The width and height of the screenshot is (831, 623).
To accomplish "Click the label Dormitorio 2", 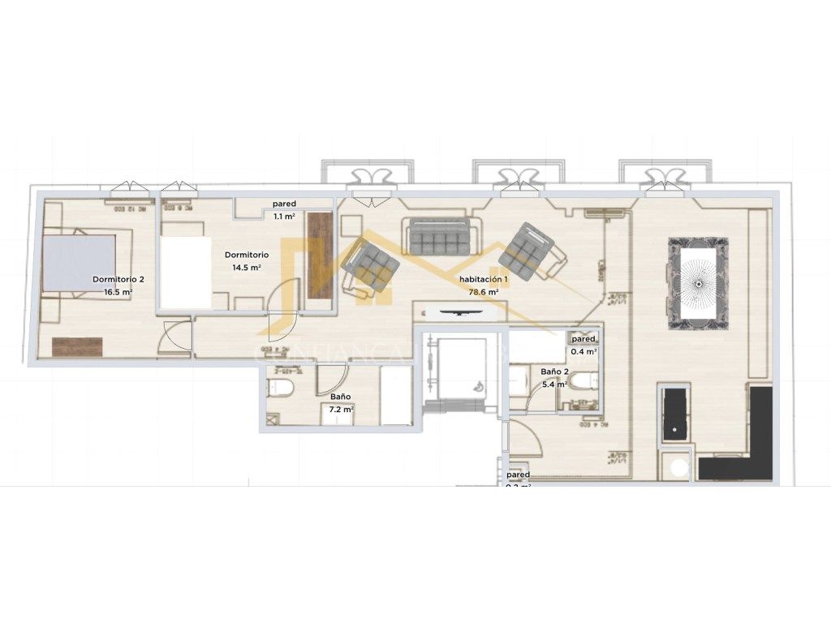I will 118,279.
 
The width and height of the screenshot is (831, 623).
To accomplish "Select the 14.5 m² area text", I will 247,267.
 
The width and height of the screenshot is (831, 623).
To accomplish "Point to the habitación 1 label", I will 484,279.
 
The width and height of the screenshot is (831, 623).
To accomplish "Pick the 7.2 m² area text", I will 341,410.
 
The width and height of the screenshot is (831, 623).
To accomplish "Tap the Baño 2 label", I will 553,372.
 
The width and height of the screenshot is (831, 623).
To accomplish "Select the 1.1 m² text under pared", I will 283,217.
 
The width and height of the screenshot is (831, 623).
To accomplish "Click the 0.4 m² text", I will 584,351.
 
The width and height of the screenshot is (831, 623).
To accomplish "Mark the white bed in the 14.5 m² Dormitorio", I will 185,272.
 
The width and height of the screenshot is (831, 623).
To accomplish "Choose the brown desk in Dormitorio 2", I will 77,346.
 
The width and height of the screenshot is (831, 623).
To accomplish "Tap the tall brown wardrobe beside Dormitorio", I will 320,255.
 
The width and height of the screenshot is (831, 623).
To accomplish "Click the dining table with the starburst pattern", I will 697,283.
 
